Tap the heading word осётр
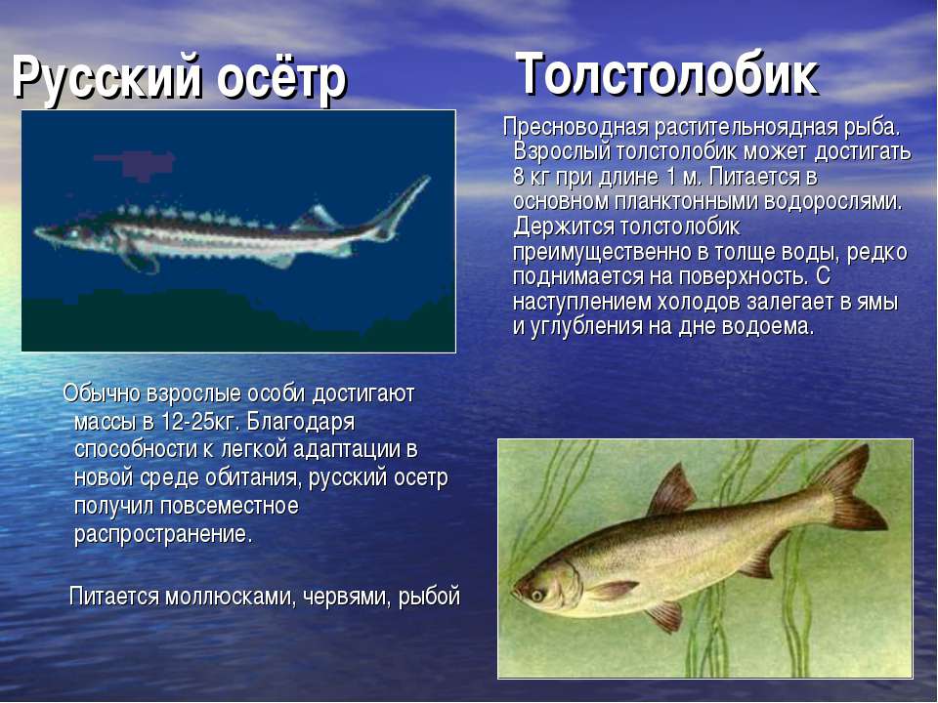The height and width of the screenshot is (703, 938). (x=281, y=78)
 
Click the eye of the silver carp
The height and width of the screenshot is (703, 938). (x=536, y=595)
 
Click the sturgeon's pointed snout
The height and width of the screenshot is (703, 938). (x=43, y=231)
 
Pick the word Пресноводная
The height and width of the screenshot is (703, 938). (x=576, y=127)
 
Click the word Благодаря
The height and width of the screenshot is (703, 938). (x=300, y=423)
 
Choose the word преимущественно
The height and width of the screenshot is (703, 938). (x=602, y=253)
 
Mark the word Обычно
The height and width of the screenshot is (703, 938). (x=102, y=393)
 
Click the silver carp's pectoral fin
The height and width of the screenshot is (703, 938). (x=610, y=590)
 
